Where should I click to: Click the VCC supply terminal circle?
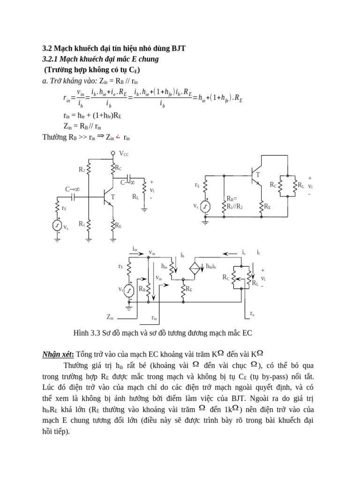point(113,153)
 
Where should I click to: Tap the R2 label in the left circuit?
point(82,169)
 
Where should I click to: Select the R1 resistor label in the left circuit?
point(82,224)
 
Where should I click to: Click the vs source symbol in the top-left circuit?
point(58,225)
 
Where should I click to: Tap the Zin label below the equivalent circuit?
point(110,317)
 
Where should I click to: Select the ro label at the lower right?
point(252,313)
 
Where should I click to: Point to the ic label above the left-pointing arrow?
point(244,253)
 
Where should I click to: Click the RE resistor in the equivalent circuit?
point(183,290)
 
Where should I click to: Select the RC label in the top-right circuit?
point(273,185)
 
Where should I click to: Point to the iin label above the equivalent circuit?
point(135,249)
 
